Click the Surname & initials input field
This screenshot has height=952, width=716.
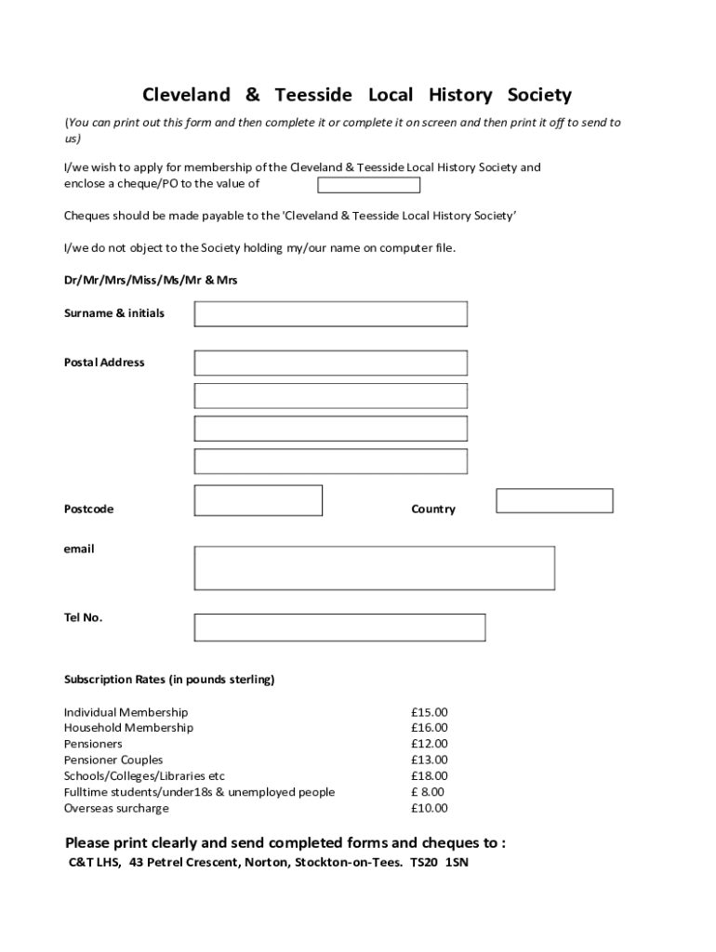coord(330,314)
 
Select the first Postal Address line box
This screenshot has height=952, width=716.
coord(330,363)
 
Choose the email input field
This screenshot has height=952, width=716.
coord(374,568)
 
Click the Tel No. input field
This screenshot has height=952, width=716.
coord(339,628)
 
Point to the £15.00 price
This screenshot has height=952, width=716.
coord(429,712)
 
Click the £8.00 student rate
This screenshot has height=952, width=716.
coord(428,792)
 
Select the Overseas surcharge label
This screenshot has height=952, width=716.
coord(116,808)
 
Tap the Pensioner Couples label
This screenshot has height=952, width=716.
coord(113,760)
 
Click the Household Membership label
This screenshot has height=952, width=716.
coord(128,728)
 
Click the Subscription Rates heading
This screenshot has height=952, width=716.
coord(169,680)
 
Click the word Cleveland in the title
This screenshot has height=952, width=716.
coord(186,95)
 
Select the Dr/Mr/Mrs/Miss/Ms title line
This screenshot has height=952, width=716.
coord(151,280)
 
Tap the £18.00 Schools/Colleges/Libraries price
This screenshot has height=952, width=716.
coord(429,775)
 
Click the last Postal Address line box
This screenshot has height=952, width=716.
coord(330,461)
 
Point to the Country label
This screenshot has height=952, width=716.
coord(433,509)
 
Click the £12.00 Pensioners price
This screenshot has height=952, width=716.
coord(429,744)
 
